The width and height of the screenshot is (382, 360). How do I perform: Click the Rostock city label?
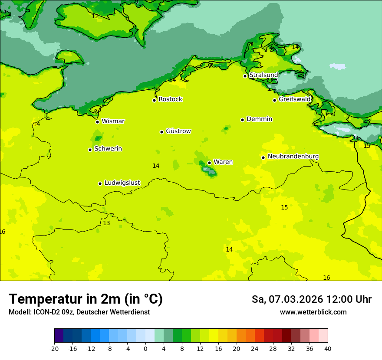[170, 99]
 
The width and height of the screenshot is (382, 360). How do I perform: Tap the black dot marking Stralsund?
[245, 76]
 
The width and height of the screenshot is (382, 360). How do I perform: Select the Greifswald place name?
[294, 99]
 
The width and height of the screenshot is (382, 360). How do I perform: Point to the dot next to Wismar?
[97, 122]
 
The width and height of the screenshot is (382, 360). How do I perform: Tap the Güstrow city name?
[178, 131]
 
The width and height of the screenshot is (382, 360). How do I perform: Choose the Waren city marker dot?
[209, 163]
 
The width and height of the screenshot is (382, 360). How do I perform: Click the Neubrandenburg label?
[293, 157]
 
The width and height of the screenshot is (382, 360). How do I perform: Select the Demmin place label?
[259, 119]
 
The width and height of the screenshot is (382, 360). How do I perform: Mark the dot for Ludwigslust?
[100, 183]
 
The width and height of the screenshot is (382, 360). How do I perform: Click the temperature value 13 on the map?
[106, 223]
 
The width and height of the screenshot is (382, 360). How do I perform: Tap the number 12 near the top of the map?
[95, 16]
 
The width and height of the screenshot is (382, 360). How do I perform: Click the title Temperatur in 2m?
[86, 299]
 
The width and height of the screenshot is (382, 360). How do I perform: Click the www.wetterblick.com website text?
[313, 312]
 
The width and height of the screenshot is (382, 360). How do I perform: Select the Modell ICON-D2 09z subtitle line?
[79, 312]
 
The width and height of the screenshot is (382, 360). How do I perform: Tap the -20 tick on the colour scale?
[54, 348]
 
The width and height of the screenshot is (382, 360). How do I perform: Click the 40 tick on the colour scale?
[327, 348]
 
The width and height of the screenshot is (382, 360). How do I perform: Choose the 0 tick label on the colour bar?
[145, 348]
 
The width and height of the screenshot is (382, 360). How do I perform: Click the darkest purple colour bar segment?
[59, 336]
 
